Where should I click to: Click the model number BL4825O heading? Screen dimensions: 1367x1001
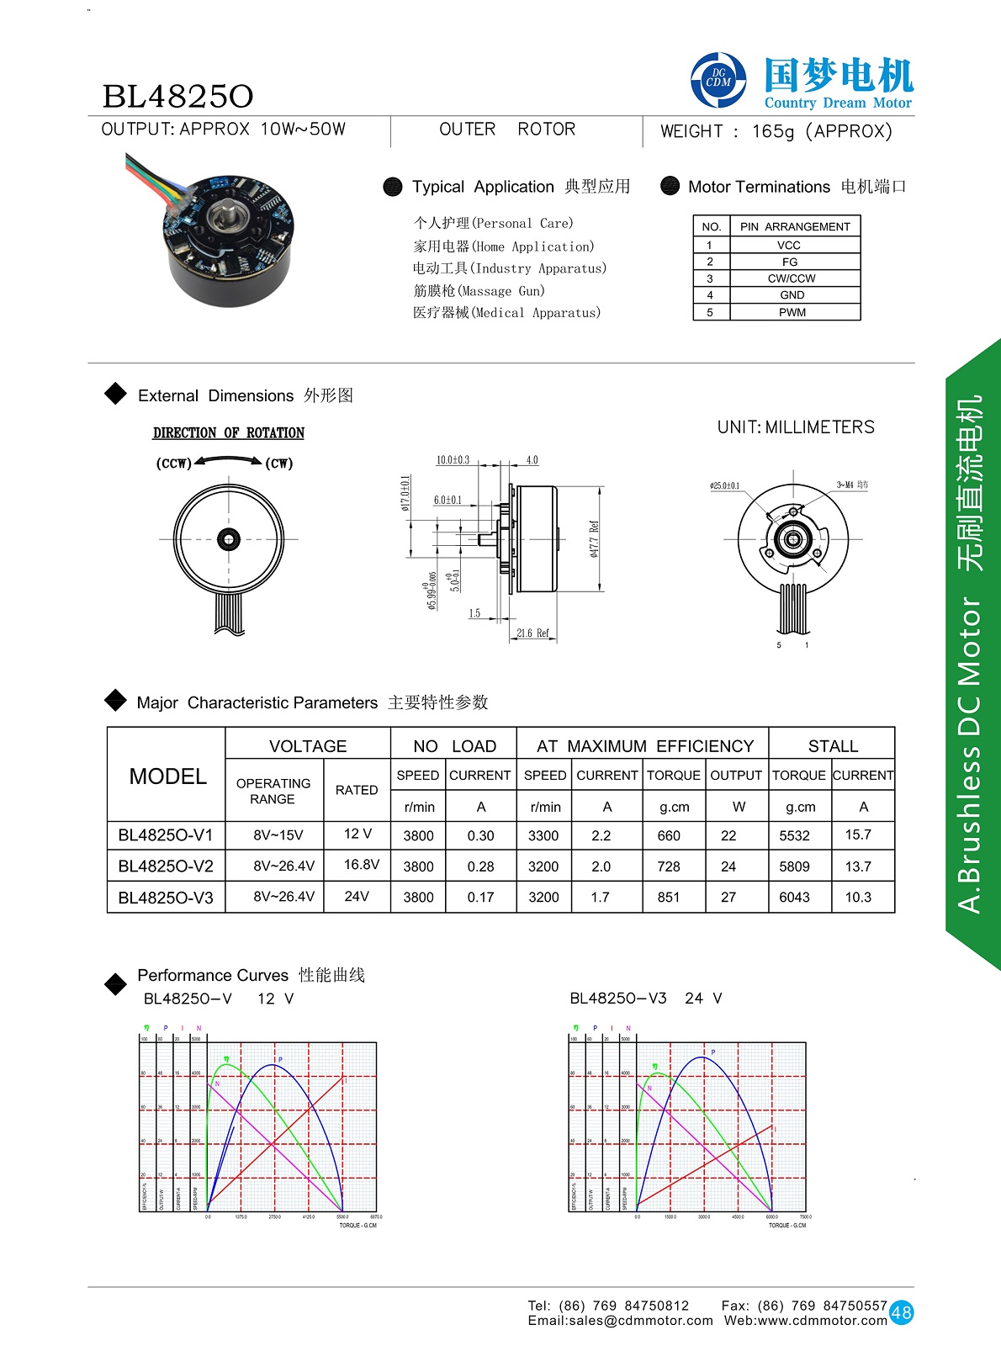177,97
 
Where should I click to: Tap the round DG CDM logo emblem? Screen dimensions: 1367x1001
718,81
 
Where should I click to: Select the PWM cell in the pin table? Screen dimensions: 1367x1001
792,312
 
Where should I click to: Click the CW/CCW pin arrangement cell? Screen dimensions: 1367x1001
792,278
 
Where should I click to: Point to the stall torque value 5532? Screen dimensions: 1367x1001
794,835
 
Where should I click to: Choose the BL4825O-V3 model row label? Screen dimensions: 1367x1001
166,898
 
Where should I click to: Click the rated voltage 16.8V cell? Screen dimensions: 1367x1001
361,865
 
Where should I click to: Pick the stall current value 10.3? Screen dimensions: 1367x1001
858,898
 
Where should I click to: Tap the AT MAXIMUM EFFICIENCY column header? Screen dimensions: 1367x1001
645,746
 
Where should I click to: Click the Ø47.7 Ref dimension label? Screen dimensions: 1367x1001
594,539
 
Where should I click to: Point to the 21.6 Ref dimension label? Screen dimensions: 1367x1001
532,633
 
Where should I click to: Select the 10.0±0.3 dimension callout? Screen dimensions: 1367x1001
453,460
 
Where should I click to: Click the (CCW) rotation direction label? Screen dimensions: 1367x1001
174,464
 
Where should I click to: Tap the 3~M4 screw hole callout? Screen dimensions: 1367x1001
852,485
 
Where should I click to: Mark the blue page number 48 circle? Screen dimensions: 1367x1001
901,1312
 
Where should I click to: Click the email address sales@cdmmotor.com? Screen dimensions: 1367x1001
620,1321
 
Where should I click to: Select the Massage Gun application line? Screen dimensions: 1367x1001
479,291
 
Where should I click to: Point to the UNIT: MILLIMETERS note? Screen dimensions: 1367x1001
796,427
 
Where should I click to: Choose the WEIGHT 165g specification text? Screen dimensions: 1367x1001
776,131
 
